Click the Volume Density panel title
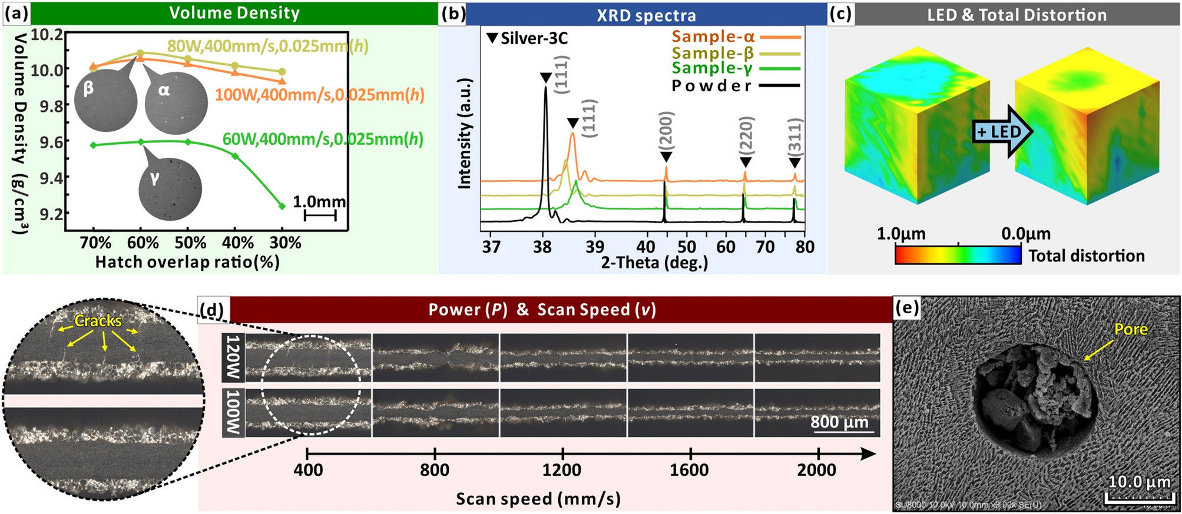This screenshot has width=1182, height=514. point(234,13)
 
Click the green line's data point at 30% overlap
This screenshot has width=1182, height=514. point(282,206)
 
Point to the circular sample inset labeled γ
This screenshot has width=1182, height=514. point(170,188)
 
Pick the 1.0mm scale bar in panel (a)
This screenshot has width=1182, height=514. point(320,215)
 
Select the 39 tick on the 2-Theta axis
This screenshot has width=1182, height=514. point(595,247)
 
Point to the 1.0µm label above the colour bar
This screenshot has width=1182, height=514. point(901,234)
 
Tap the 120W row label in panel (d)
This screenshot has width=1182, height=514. point(233,357)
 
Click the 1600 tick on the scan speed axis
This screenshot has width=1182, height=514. point(690,470)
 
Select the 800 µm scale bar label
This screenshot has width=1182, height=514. point(839,422)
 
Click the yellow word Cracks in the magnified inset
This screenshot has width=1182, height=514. point(98,321)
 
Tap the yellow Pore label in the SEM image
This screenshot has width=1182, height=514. point(1130,329)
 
